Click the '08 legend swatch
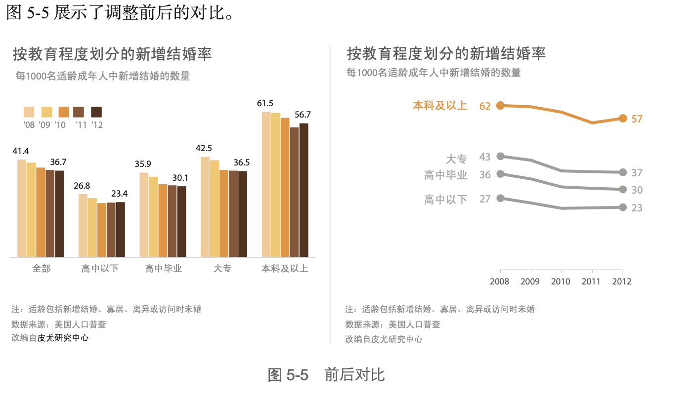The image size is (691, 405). [29, 112]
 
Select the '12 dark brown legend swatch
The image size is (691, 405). [96, 112]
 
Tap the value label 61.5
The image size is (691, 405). [265, 103]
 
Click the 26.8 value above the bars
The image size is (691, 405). [82, 186]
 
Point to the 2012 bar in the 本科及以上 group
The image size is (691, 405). [303, 190]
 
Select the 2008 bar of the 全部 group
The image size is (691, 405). [22, 208]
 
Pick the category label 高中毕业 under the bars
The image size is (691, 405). [163, 269]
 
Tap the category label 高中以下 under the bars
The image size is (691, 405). [100, 269]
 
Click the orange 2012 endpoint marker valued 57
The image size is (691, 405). [623, 118]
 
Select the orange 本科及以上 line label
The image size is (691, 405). [440, 105]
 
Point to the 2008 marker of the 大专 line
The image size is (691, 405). [500, 156]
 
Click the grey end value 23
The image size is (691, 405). [637, 208]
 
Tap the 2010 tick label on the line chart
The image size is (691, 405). [561, 282]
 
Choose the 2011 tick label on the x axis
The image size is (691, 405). [591, 282]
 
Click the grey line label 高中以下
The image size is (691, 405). [445, 200]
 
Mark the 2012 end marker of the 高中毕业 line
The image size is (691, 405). [623, 189]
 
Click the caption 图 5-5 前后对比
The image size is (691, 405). [326, 375]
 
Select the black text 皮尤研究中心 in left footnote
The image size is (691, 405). [63, 338]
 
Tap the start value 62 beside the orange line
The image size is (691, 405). [485, 106]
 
